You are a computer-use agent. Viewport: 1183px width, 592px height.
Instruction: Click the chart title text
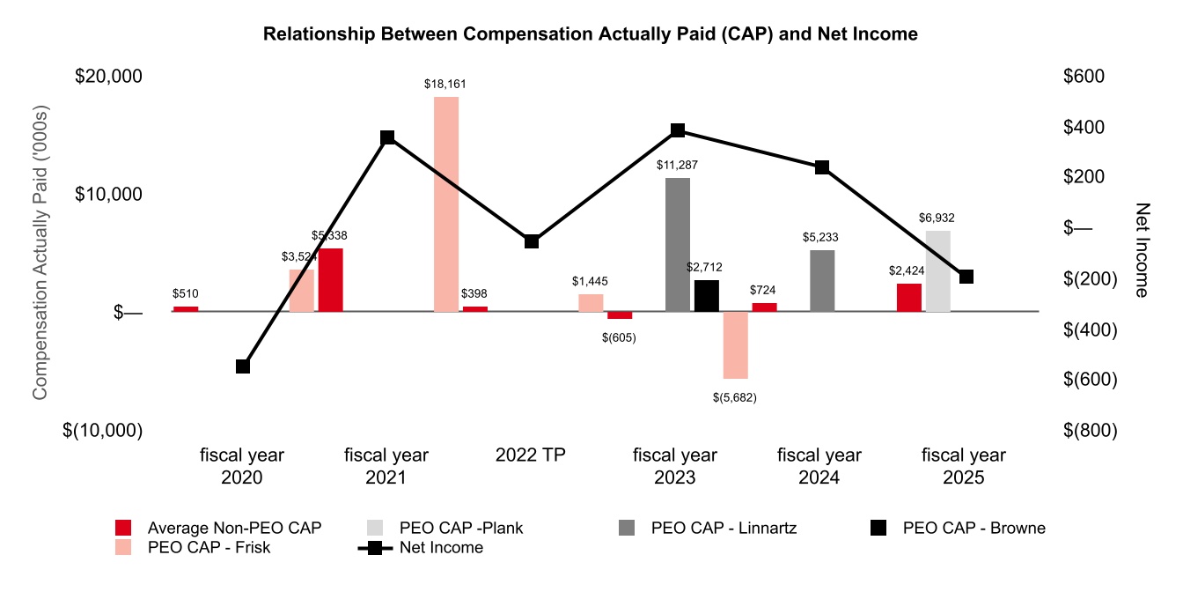tap(591, 34)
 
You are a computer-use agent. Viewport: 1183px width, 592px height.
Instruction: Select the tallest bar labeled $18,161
tap(446, 204)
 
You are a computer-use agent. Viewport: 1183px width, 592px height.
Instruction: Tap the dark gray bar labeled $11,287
tap(678, 245)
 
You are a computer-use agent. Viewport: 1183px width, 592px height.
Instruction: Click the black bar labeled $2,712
tap(707, 296)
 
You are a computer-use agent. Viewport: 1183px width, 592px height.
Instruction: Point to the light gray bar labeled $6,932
tap(938, 271)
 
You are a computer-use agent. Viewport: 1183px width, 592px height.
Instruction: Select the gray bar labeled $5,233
tap(822, 281)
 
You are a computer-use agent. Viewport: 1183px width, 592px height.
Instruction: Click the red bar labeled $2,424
tap(909, 298)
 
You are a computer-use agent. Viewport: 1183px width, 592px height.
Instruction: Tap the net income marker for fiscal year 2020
tap(243, 366)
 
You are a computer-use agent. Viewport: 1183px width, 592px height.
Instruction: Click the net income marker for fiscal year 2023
tap(678, 130)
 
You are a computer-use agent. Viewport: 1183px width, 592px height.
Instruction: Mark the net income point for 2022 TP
tap(532, 241)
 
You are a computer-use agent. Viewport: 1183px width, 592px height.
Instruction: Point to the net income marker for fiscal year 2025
tap(966, 277)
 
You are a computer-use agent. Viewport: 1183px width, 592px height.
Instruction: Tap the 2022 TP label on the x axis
tap(531, 455)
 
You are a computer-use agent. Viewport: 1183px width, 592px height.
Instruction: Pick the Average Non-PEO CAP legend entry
tap(234, 529)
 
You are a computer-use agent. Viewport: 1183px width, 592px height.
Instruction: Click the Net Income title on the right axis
tap(1142, 250)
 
